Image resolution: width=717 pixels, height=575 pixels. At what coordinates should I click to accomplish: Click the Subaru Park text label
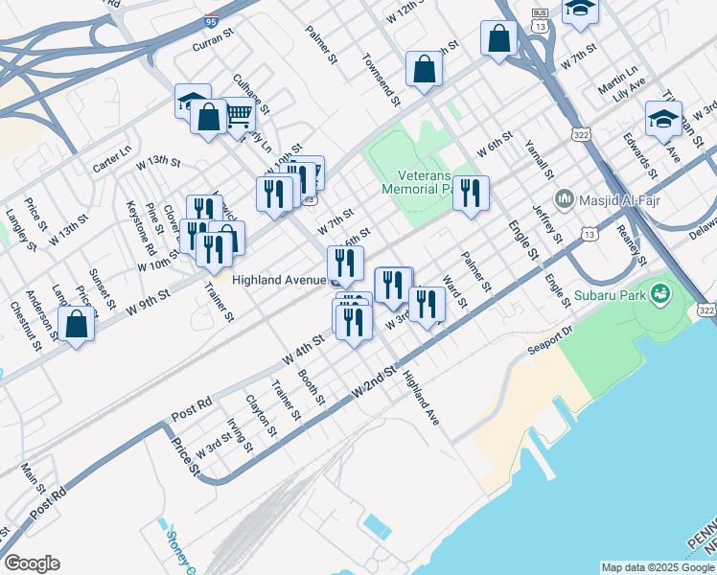click(610, 292)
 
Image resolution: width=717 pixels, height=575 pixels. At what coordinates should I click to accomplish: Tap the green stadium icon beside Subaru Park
click(659, 291)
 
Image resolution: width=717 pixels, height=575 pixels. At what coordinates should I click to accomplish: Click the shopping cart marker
click(239, 116)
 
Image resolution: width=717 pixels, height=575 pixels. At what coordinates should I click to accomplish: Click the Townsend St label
click(381, 72)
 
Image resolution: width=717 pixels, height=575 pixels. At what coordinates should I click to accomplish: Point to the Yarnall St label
click(540, 158)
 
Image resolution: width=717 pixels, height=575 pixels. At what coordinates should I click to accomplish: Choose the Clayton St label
click(261, 416)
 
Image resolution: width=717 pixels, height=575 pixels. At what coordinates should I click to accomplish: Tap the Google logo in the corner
click(31, 563)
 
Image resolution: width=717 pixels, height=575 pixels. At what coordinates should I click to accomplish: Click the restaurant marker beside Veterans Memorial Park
click(471, 194)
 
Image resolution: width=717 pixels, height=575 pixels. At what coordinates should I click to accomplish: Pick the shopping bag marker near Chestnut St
click(76, 324)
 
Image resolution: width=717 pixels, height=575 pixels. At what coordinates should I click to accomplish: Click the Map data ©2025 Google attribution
click(659, 567)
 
